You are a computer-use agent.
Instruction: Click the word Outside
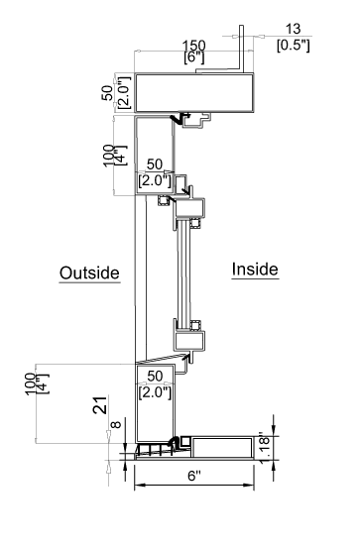89,273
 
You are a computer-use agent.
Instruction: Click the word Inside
255,269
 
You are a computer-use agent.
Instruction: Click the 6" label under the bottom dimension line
193,477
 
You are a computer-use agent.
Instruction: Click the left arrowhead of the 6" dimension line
138,485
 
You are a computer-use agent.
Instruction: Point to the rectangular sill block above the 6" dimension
224,446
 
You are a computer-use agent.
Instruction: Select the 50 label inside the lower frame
157,376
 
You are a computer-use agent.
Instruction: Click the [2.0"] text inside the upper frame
156,181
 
